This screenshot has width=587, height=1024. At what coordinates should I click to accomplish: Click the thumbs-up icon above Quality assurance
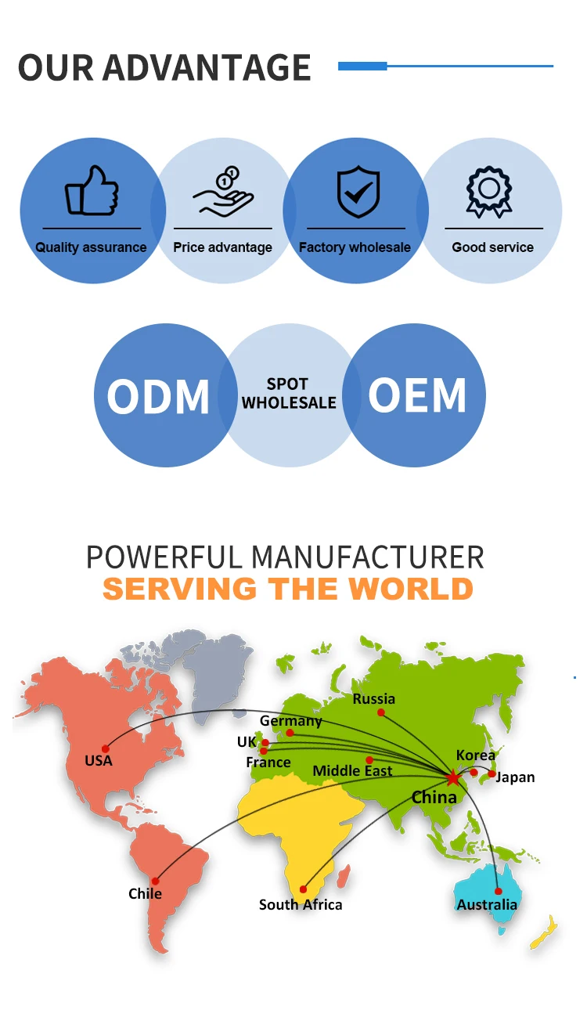(92, 190)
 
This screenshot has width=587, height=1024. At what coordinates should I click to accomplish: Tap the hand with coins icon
(223, 190)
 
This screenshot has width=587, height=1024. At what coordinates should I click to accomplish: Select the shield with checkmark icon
(358, 190)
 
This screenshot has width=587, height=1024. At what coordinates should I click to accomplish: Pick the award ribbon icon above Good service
(489, 191)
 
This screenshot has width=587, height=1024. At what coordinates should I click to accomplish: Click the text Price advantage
(223, 247)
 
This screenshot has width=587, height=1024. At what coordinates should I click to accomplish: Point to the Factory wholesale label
(355, 247)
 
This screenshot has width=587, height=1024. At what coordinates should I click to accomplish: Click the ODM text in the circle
(158, 396)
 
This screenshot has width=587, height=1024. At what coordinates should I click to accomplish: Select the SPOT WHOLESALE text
(289, 393)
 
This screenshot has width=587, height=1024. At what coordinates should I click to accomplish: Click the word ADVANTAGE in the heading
(207, 67)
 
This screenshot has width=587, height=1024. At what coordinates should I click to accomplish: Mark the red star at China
(452, 777)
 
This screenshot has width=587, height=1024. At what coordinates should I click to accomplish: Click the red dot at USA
(105, 748)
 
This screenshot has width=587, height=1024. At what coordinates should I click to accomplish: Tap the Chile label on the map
(146, 893)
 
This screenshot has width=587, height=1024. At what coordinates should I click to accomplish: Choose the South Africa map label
(301, 904)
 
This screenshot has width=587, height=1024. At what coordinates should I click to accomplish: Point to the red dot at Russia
(381, 712)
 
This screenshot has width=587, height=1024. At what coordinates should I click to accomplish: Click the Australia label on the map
(487, 904)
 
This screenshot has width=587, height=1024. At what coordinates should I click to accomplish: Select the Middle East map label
(352, 771)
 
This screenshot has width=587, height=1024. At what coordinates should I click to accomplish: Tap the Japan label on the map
(516, 777)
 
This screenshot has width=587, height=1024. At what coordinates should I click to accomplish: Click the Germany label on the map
(291, 720)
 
